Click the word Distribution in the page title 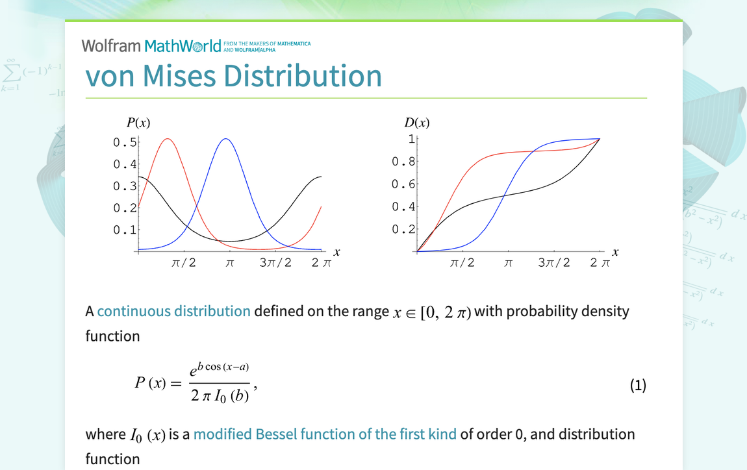(303, 76)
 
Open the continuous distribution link (173, 311)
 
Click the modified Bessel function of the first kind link (325, 434)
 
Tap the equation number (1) (638, 386)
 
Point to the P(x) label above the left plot (138, 123)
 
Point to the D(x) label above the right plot (417, 123)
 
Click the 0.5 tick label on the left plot (125, 142)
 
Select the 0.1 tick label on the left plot (125, 230)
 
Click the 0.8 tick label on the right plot (403, 162)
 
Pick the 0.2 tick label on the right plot (403, 229)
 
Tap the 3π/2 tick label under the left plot (275, 263)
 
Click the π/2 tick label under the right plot (462, 263)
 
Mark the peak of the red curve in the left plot (168, 139)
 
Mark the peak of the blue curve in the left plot (225, 139)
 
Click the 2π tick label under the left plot (321, 263)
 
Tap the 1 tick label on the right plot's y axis (411, 138)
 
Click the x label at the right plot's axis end (615, 252)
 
